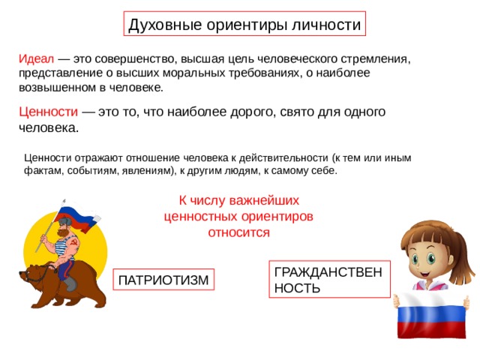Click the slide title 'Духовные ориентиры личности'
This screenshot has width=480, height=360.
click(x=244, y=24)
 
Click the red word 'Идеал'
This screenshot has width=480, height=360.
click(x=35, y=58)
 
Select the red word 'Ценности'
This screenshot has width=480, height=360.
click(x=49, y=112)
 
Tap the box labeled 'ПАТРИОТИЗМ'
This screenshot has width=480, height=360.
click(x=162, y=280)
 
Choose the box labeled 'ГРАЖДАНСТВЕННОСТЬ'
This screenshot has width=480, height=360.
click(x=330, y=280)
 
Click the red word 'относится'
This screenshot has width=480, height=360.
click(x=238, y=232)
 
